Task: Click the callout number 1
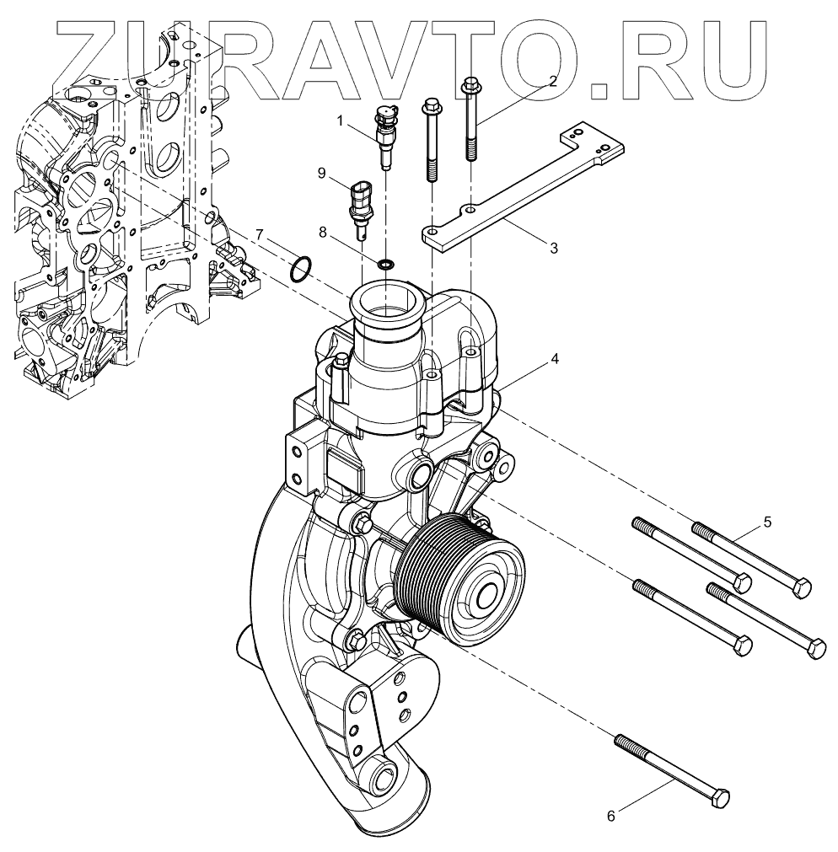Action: point(341,121)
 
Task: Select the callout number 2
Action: point(553,82)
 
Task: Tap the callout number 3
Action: point(553,248)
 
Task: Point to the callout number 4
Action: point(554,358)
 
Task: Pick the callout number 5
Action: point(767,522)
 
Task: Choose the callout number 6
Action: point(612,815)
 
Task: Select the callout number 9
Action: point(322,173)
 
